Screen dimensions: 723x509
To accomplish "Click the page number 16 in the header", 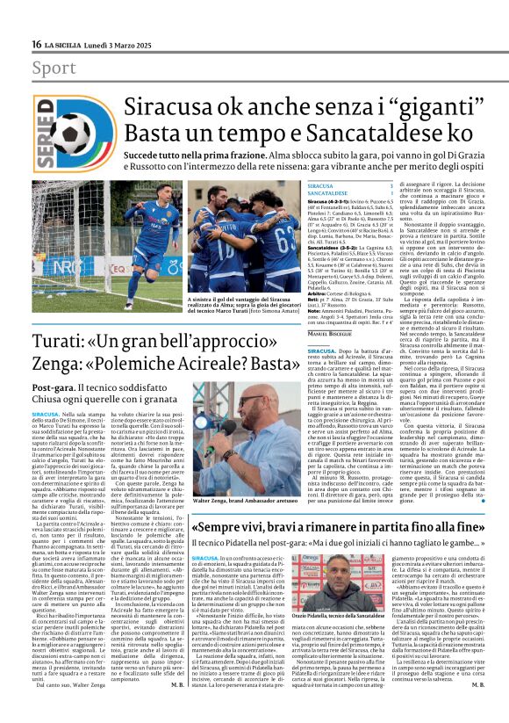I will click(36, 44).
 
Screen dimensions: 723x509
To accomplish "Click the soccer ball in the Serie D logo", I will click(72, 131).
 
